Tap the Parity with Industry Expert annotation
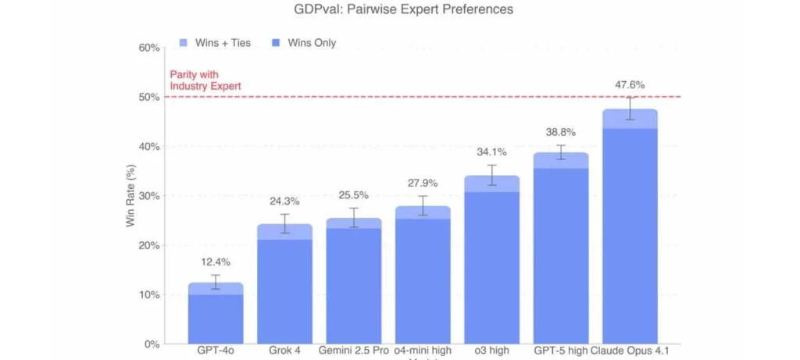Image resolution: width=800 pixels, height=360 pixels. tap(205, 80)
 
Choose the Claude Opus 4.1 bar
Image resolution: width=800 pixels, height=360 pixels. tap(630, 234)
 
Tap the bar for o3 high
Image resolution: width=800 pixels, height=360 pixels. tap(492, 266)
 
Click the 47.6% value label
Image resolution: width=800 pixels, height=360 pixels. tap(630, 85)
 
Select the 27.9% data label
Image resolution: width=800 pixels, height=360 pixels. tap(423, 183)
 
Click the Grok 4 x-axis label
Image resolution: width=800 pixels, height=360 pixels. tap(284, 351)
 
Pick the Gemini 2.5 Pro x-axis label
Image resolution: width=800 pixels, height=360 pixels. tap(353, 351)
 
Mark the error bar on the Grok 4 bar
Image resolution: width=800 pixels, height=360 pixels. tap(284, 223)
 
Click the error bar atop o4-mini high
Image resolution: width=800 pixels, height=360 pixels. tap(423, 205)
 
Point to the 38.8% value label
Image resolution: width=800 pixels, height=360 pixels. tap(561, 134)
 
